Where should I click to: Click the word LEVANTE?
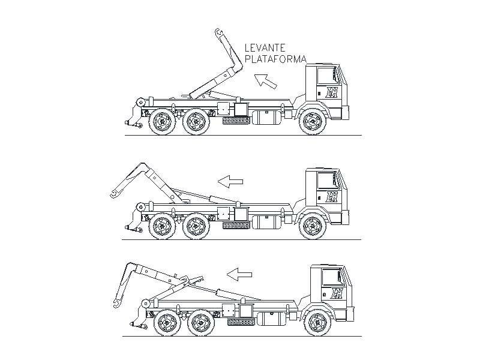tap(265, 48)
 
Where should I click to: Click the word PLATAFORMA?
tap(275, 59)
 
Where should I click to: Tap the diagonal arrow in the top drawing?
tap(265, 81)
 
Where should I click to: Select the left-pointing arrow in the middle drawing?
tap(230, 181)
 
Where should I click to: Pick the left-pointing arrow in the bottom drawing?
tap(239, 274)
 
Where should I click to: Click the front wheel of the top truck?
tap(312, 122)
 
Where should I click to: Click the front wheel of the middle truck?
tap(312, 226)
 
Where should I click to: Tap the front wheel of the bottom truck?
tap(318, 323)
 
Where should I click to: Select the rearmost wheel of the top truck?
tap(162, 122)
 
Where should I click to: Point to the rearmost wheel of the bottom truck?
tap(167, 323)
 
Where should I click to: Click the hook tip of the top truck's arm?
tap(218, 32)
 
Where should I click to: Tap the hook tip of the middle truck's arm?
tap(113, 194)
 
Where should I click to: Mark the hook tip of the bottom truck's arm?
tap(116, 303)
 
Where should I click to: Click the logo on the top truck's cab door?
tap(332, 92)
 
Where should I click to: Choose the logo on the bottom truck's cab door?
tap(337, 293)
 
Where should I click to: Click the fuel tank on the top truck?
tap(266, 117)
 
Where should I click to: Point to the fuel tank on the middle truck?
tap(266, 222)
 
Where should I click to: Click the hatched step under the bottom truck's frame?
tap(241, 322)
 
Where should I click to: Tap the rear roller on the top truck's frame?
tap(141, 101)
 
